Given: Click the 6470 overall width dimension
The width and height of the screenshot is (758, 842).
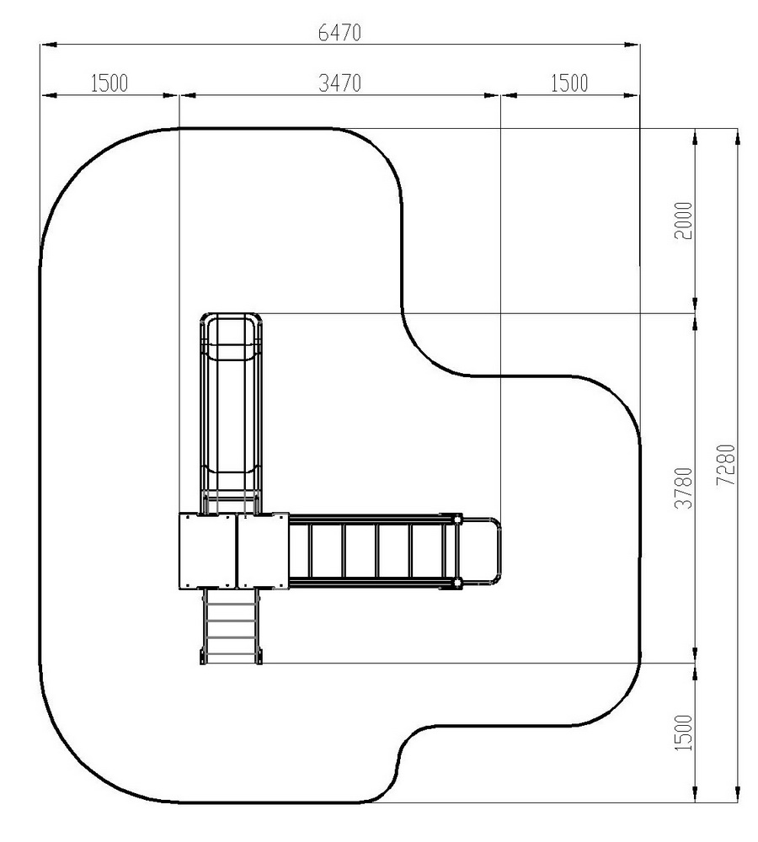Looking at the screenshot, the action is tap(339, 34).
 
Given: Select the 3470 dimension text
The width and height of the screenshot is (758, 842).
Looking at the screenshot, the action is tap(339, 83).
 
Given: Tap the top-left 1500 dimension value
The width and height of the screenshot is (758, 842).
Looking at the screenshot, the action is tap(109, 83).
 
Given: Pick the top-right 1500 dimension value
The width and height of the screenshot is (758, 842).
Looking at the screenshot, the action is tap(569, 83).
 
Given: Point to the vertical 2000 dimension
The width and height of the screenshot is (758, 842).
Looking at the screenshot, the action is tap(684, 221).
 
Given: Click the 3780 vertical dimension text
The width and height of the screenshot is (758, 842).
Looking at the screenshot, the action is tap(684, 488).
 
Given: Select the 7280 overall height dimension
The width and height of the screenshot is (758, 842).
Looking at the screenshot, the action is tap(726, 465).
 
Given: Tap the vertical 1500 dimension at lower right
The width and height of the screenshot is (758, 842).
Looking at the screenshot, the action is tap(684, 733).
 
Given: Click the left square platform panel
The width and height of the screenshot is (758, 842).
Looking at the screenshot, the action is tap(207, 552).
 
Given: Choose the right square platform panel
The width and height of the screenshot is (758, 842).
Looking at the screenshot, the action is tap(264, 552).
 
